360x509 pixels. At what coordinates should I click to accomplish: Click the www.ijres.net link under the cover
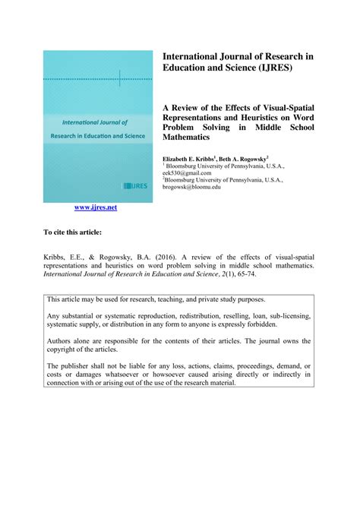95,207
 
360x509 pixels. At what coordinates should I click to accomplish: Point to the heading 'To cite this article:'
72,232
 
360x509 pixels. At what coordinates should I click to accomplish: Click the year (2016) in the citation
169,257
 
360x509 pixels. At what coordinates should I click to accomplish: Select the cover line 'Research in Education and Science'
98,135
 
